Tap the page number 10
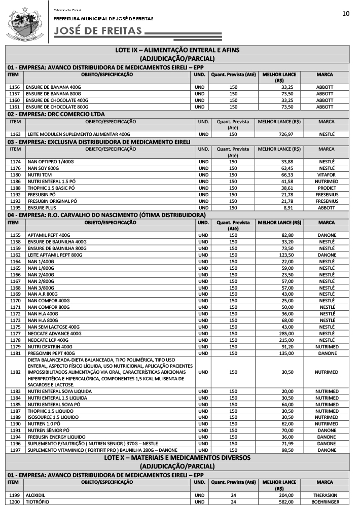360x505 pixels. tap(346, 13)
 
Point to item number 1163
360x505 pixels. tap(15, 134)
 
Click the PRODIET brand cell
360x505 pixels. tap(327, 188)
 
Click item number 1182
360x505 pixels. tap(15, 372)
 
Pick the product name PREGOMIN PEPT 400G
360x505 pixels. tap(51, 353)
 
